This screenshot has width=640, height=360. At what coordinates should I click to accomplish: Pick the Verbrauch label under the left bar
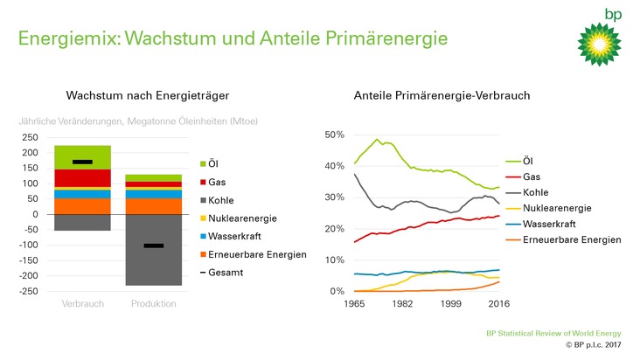coord(83,304)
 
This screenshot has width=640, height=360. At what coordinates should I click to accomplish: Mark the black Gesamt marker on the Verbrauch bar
coord(83,162)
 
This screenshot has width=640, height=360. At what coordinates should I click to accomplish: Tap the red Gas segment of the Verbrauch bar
coord(83,177)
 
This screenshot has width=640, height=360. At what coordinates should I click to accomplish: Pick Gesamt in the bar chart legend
coord(228,273)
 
